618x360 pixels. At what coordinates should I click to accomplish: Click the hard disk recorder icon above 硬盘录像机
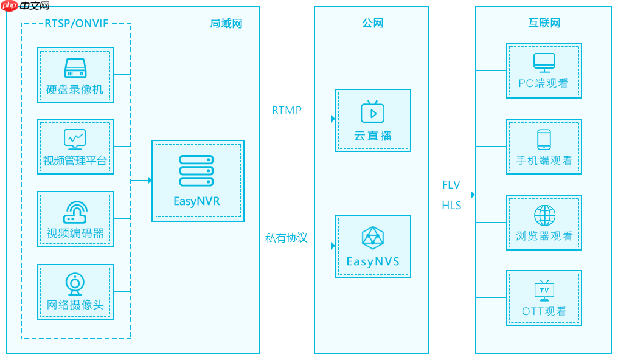coord(75,67)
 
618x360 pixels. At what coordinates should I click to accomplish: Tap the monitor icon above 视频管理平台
coord(75,139)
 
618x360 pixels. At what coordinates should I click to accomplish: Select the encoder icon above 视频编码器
coord(75,212)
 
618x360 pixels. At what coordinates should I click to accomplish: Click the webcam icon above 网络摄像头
coord(75,284)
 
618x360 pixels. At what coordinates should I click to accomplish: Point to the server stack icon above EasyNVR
coord(196,170)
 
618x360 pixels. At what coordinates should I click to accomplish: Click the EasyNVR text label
coord(196,201)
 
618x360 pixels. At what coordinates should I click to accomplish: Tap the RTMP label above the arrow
coord(286,111)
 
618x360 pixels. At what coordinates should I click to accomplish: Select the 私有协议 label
coord(286,238)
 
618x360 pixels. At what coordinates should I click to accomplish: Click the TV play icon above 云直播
coord(372,112)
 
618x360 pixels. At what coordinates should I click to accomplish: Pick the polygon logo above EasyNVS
coord(372,238)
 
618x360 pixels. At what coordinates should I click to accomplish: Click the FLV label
coord(451,185)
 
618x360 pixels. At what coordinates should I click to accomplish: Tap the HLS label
coord(451,206)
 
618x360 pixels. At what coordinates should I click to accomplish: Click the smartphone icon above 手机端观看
coord(544,139)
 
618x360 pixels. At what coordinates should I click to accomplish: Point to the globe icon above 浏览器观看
coord(544,215)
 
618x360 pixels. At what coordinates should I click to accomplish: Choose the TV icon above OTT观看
coord(544,291)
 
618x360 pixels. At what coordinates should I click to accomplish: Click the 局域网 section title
coord(226,23)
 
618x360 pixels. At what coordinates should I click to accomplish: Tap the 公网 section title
coord(372,23)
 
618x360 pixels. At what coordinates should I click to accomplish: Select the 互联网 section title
coord(544,23)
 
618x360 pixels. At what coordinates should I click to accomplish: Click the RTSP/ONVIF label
coord(75,23)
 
